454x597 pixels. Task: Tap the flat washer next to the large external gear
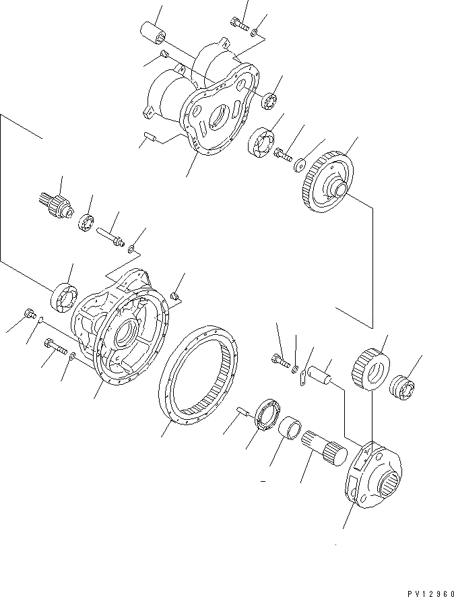point(300,164)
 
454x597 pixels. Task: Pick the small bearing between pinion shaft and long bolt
point(86,221)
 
